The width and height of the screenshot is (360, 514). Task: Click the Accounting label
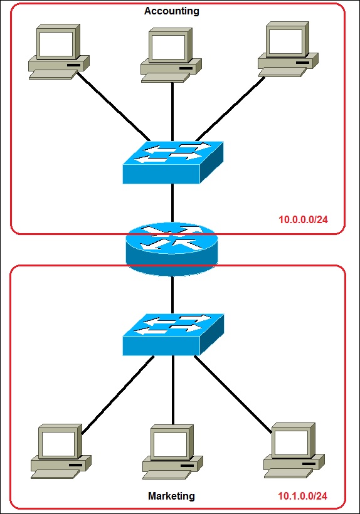171,11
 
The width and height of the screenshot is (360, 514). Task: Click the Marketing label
171,496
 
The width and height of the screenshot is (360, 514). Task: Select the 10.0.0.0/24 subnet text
304,220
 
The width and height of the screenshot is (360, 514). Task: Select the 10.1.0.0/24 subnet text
304,496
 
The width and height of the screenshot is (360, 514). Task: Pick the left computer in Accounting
58,52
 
